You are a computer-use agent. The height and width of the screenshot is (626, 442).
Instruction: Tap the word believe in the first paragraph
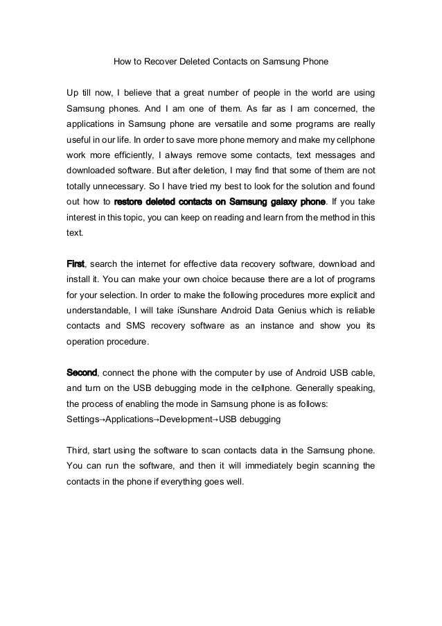click(x=127, y=92)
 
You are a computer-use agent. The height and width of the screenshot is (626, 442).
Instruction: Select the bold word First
click(x=75, y=264)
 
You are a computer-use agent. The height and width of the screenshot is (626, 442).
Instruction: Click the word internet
click(x=157, y=264)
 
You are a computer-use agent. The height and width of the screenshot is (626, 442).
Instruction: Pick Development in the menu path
click(x=184, y=419)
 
